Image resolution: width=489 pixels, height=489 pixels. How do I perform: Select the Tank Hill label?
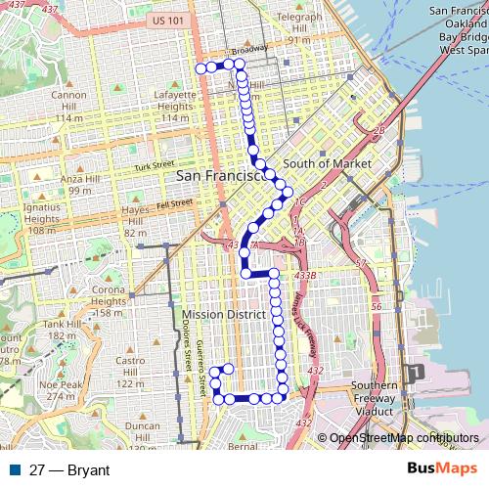[61, 324]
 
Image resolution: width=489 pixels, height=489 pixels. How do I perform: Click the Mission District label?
[224, 315]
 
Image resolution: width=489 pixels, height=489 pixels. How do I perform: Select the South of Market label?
[327, 164]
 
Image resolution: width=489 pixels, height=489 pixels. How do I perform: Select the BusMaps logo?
[443, 469]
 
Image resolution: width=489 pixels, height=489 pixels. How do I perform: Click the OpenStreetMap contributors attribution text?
[404, 439]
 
